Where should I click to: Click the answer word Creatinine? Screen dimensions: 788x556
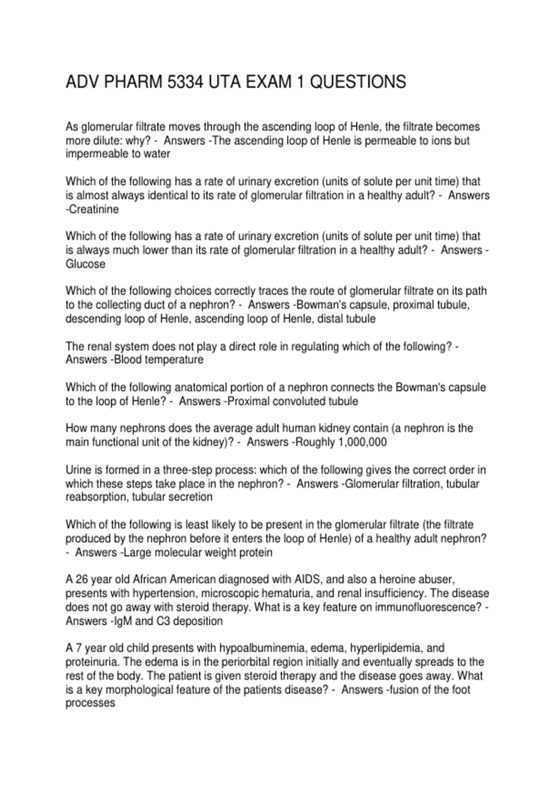(x=94, y=210)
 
